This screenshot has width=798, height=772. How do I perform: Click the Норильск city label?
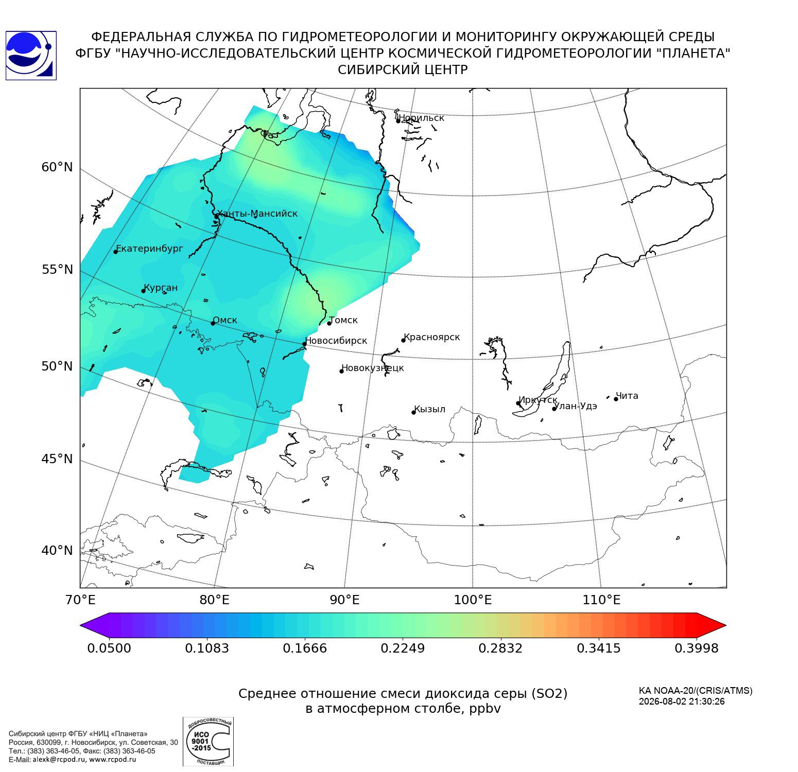point(422,118)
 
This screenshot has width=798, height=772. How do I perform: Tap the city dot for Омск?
point(213,323)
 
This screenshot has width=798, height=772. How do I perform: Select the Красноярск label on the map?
point(432,338)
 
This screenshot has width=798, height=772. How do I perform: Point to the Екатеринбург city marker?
point(116,251)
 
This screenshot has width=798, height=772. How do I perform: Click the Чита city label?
point(627,396)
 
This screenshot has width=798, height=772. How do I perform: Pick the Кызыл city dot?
point(413,412)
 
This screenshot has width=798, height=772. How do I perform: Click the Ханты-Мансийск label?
point(257,214)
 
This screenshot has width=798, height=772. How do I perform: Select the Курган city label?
point(161,288)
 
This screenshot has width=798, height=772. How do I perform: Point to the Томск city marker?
point(329,323)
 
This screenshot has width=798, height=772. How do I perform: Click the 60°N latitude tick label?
point(57,167)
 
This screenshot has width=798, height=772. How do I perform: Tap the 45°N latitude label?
point(57,459)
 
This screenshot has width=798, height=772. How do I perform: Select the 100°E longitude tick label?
point(473,600)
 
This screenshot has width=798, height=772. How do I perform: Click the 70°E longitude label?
point(80,600)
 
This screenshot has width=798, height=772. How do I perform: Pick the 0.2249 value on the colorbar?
point(403,648)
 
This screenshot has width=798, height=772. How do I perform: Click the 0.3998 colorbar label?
point(697,648)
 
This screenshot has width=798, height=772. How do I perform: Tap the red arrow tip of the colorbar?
point(726,626)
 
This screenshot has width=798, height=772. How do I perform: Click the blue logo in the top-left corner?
point(31,56)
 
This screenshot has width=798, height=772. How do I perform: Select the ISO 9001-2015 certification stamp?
point(208,742)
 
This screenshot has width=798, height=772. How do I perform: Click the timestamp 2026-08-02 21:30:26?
point(682,701)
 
